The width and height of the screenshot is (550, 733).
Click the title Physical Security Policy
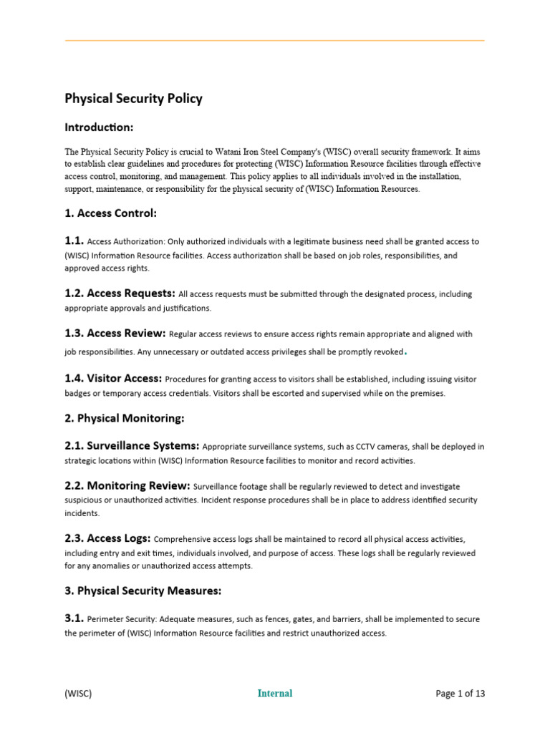[134, 99]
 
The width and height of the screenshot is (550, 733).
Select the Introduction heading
[100, 127]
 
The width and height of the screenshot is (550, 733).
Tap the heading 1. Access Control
[111, 213]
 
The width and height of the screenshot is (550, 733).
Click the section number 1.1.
[74, 241]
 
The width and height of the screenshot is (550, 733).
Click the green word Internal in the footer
[275, 693]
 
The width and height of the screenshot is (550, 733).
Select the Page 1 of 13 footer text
[460, 693]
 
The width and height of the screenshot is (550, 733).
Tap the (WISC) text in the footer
[79, 693]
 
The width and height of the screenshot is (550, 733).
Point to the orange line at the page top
[275, 40]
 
